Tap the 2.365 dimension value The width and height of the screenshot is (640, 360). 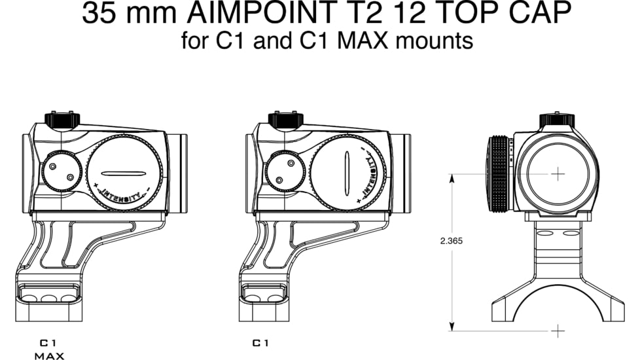[452, 241]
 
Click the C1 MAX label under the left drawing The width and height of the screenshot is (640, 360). [49, 350]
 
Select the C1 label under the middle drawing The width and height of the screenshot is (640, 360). [260, 343]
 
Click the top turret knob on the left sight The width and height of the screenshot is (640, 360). [62, 120]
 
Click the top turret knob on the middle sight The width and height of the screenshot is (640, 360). [285, 120]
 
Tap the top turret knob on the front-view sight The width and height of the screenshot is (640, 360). [557, 121]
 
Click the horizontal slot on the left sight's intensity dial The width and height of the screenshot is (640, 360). [124, 173]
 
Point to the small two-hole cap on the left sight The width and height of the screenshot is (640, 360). [62, 171]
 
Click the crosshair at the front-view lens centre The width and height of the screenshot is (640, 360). [558, 173]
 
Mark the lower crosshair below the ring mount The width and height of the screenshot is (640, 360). [558, 331]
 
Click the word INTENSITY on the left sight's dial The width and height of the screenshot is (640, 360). [122, 194]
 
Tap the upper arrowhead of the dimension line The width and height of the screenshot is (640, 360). [452, 177]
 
